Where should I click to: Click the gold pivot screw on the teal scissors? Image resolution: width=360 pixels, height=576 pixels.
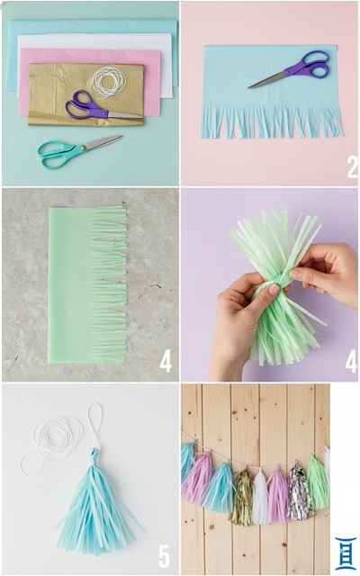(83, 148)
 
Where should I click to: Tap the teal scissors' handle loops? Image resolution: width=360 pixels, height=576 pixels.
(55, 154)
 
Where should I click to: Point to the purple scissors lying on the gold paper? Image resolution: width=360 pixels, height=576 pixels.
(99, 106)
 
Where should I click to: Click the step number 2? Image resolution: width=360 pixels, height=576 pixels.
(352, 167)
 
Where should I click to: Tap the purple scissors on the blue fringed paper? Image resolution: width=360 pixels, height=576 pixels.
(294, 68)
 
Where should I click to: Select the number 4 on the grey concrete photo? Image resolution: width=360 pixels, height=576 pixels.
(166, 361)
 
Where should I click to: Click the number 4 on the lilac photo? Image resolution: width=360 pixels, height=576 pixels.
(351, 361)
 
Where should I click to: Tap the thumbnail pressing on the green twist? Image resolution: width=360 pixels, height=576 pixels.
(274, 290)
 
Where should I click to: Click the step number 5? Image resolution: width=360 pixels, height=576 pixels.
(164, 556)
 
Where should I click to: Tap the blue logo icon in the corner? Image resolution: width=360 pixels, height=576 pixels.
(346, 554)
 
